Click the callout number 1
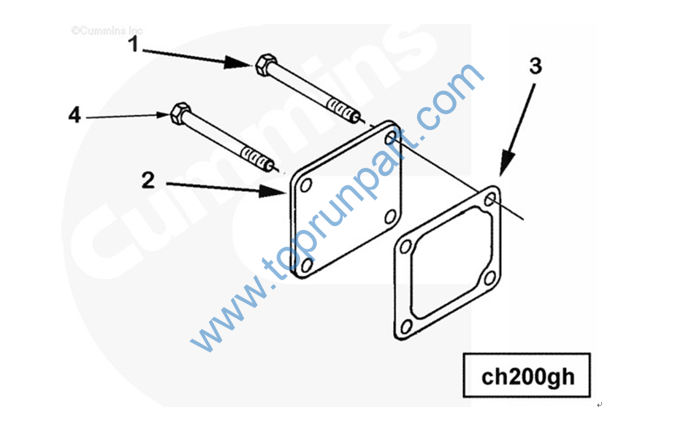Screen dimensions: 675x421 click(x=134, y=45)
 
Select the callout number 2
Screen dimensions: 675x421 click(x=148, y=180)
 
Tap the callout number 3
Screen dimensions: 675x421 click(x=535, y=66)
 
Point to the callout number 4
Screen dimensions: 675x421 click(x=75, y=115)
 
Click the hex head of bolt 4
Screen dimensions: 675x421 click(x=181, y=113)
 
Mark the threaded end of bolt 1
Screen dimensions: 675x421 click(x=343, y=110)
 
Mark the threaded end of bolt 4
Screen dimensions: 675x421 click(x=258, y=158)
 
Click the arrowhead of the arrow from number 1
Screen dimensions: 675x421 click(x=237, y=63)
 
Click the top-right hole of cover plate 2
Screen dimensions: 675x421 click(x=390, y=138)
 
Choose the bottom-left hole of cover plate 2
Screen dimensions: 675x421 click(x=307, y=264)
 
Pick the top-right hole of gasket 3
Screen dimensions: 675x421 click(x=490, y=199)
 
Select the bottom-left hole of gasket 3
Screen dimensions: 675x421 click(x=406, y=327)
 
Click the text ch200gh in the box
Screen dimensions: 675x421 click(x=527, y=376)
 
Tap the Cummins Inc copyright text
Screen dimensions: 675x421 click(x=107, y=31)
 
